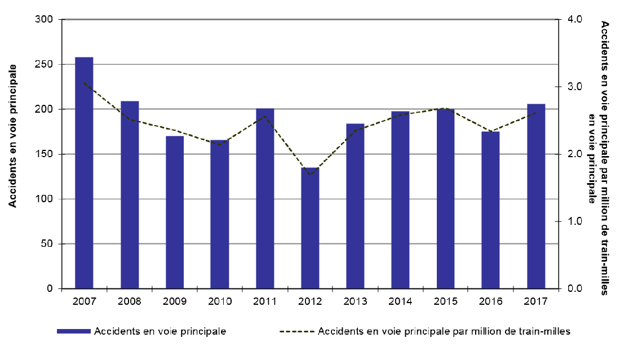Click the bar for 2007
click(x=84, y=172)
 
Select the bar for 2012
click(x=310, y=228)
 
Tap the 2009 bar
click(x=174, y=212)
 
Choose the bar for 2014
click(x=400, y=199)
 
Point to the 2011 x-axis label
click(x=265, y=301)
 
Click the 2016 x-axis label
click(x=491, y=301)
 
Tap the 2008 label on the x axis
click(x=129, y=301)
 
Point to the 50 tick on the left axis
click(x=48, y=244)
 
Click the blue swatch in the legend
click(x=74, y=331)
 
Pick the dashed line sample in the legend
click(x=297, y=331)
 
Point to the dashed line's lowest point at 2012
click(x=310, y=175)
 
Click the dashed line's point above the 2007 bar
click(x=84, y=83)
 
